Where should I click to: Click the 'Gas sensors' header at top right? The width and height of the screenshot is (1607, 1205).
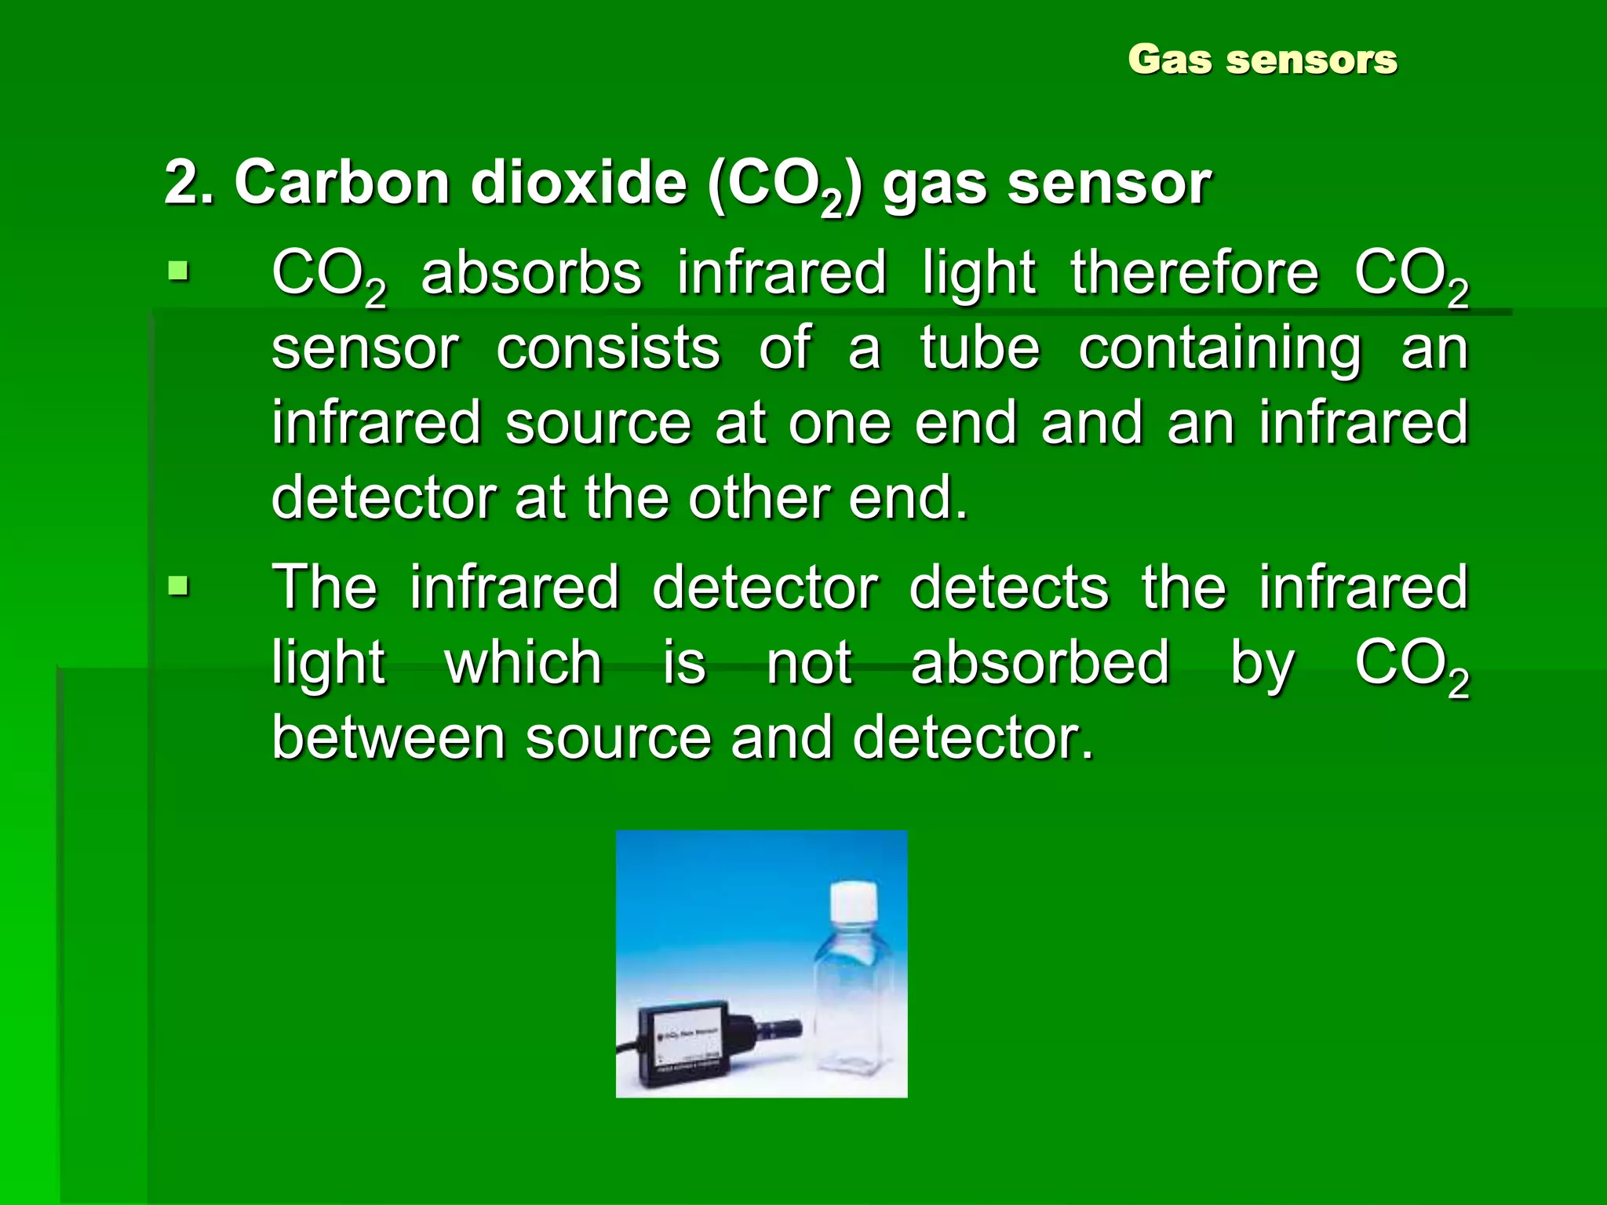[x=1263, y=60]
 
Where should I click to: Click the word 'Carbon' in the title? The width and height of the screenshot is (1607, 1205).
[x=342, y=184]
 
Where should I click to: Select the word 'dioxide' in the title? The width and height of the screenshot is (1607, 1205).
[x=578, y=184]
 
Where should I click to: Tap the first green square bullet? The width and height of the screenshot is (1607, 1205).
[x=179, y=271]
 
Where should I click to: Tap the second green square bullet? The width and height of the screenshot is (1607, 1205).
[x=179, y=585]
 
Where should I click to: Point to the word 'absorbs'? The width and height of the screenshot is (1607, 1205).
[x=531, y=273]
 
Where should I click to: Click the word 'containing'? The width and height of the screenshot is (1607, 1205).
[x=1219, y=350]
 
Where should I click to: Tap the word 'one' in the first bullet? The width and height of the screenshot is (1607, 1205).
[x=840, y=424]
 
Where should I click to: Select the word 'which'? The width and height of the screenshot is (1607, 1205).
[x=523, y=663]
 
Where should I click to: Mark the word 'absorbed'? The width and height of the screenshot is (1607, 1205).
[x=1040, y=663]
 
